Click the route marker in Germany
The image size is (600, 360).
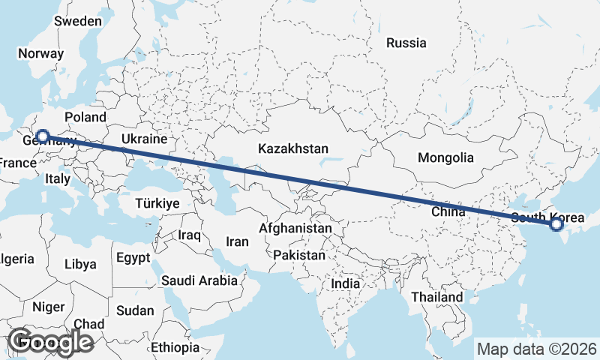(43, 136)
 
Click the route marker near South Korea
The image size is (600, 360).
(556, 223)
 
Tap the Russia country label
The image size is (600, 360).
(406, 43)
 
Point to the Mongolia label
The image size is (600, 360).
(445, 157)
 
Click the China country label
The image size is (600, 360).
(448, 212)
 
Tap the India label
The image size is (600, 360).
(346, 284)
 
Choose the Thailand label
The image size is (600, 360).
(436, 297)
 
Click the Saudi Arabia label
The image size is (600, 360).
(199, 280)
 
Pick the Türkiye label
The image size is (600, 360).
(157, 203)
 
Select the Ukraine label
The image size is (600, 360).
(143, 139)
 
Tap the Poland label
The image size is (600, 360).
(85, 117)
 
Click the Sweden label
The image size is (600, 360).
(77, 21)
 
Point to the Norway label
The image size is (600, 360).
(40, 53)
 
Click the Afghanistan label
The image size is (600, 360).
(295, 228)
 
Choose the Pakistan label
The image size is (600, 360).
(299, 255)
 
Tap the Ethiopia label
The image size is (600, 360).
(175, 347)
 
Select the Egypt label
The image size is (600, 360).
(133, 258)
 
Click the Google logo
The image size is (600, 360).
(51, 342)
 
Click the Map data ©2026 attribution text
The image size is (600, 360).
(536, 349)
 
